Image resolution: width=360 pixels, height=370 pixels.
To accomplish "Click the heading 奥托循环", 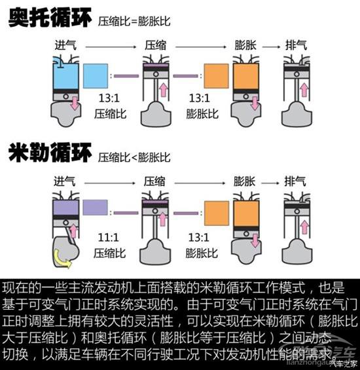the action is (50, 18).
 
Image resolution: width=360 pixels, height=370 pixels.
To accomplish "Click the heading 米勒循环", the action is (50, 153).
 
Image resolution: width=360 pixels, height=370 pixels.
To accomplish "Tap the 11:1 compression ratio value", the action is (108, 237).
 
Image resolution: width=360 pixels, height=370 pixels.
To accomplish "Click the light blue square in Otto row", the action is (96, 76).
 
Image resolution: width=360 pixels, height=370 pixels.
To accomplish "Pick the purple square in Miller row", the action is (96, 208).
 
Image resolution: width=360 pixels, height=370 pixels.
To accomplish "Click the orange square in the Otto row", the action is (216, 76).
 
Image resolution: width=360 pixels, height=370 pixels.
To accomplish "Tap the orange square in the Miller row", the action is (217, 213).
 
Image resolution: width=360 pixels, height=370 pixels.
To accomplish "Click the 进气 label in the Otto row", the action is (65, 45).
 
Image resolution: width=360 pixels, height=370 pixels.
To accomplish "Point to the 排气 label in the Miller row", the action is (295, 181).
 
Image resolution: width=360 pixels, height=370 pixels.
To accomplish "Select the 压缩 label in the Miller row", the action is (154, 181).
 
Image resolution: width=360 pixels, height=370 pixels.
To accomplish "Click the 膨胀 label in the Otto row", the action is (245, 45).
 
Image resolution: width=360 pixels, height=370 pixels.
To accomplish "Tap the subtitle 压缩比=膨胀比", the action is (134, 22).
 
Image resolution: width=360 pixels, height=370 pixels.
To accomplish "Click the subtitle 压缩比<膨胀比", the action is (134, 157).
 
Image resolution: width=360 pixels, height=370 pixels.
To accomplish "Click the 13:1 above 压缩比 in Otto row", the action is (109, 98).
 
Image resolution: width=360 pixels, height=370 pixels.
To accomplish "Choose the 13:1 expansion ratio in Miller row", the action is (199, 237).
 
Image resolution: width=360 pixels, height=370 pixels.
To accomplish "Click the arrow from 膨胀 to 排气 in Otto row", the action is (271, 47).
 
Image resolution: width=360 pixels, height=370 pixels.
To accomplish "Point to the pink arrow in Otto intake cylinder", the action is (75, 103).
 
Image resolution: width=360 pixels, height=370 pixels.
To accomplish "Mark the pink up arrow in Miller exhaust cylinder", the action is (304, 227).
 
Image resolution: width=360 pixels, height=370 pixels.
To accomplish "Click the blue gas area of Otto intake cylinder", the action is (66, 73).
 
